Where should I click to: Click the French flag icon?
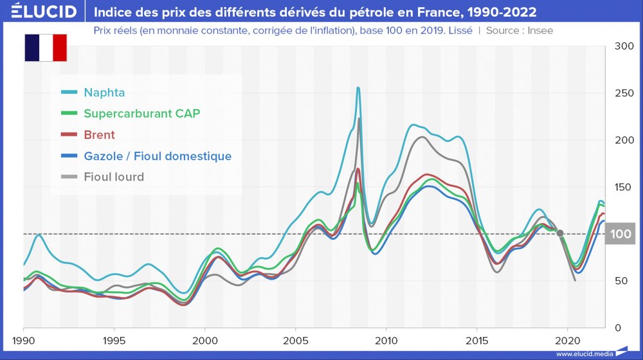pos(46,48)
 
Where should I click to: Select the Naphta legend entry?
pos(104,92)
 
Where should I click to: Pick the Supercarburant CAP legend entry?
pos(141,113)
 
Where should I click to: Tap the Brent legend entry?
pos(99,135)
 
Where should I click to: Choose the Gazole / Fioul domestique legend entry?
pos(158,156)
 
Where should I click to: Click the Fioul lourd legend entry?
pos(114,177)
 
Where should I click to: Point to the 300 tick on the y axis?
pos(624,46)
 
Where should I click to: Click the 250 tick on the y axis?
pos(624,93)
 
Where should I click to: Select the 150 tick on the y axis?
pos(624,187)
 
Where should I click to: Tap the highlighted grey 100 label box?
pos(621,234)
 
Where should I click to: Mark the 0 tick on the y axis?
pos(619,328)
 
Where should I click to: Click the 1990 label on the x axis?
pos(24,340)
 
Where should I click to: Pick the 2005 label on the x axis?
pos(295,340)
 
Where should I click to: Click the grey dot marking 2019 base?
pos(560,233)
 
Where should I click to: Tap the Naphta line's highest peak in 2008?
pos(358,88)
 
